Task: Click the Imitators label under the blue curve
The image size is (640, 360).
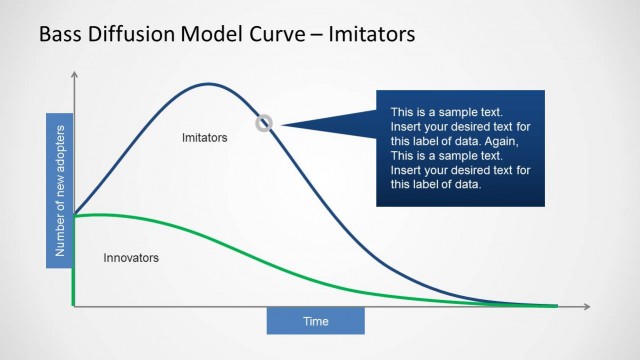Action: pos(205,136)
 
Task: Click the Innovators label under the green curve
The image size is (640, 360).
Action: pos(131,258)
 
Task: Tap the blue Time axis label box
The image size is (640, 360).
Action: pos(315,321)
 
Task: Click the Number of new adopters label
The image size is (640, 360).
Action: pos(59,191)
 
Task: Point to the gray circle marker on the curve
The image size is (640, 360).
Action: pos(264,123)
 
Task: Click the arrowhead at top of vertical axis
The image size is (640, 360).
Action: pos(74,76)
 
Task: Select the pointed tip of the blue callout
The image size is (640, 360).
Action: pos(281,124)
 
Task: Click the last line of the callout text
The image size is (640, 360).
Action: pos(436,184)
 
